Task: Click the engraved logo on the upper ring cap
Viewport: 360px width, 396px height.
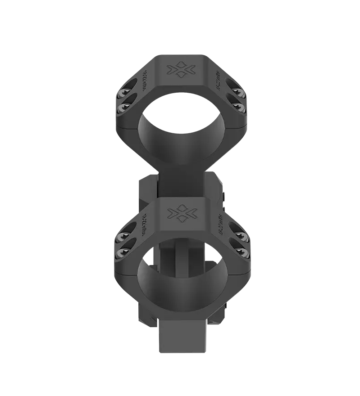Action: click(180, 70)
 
